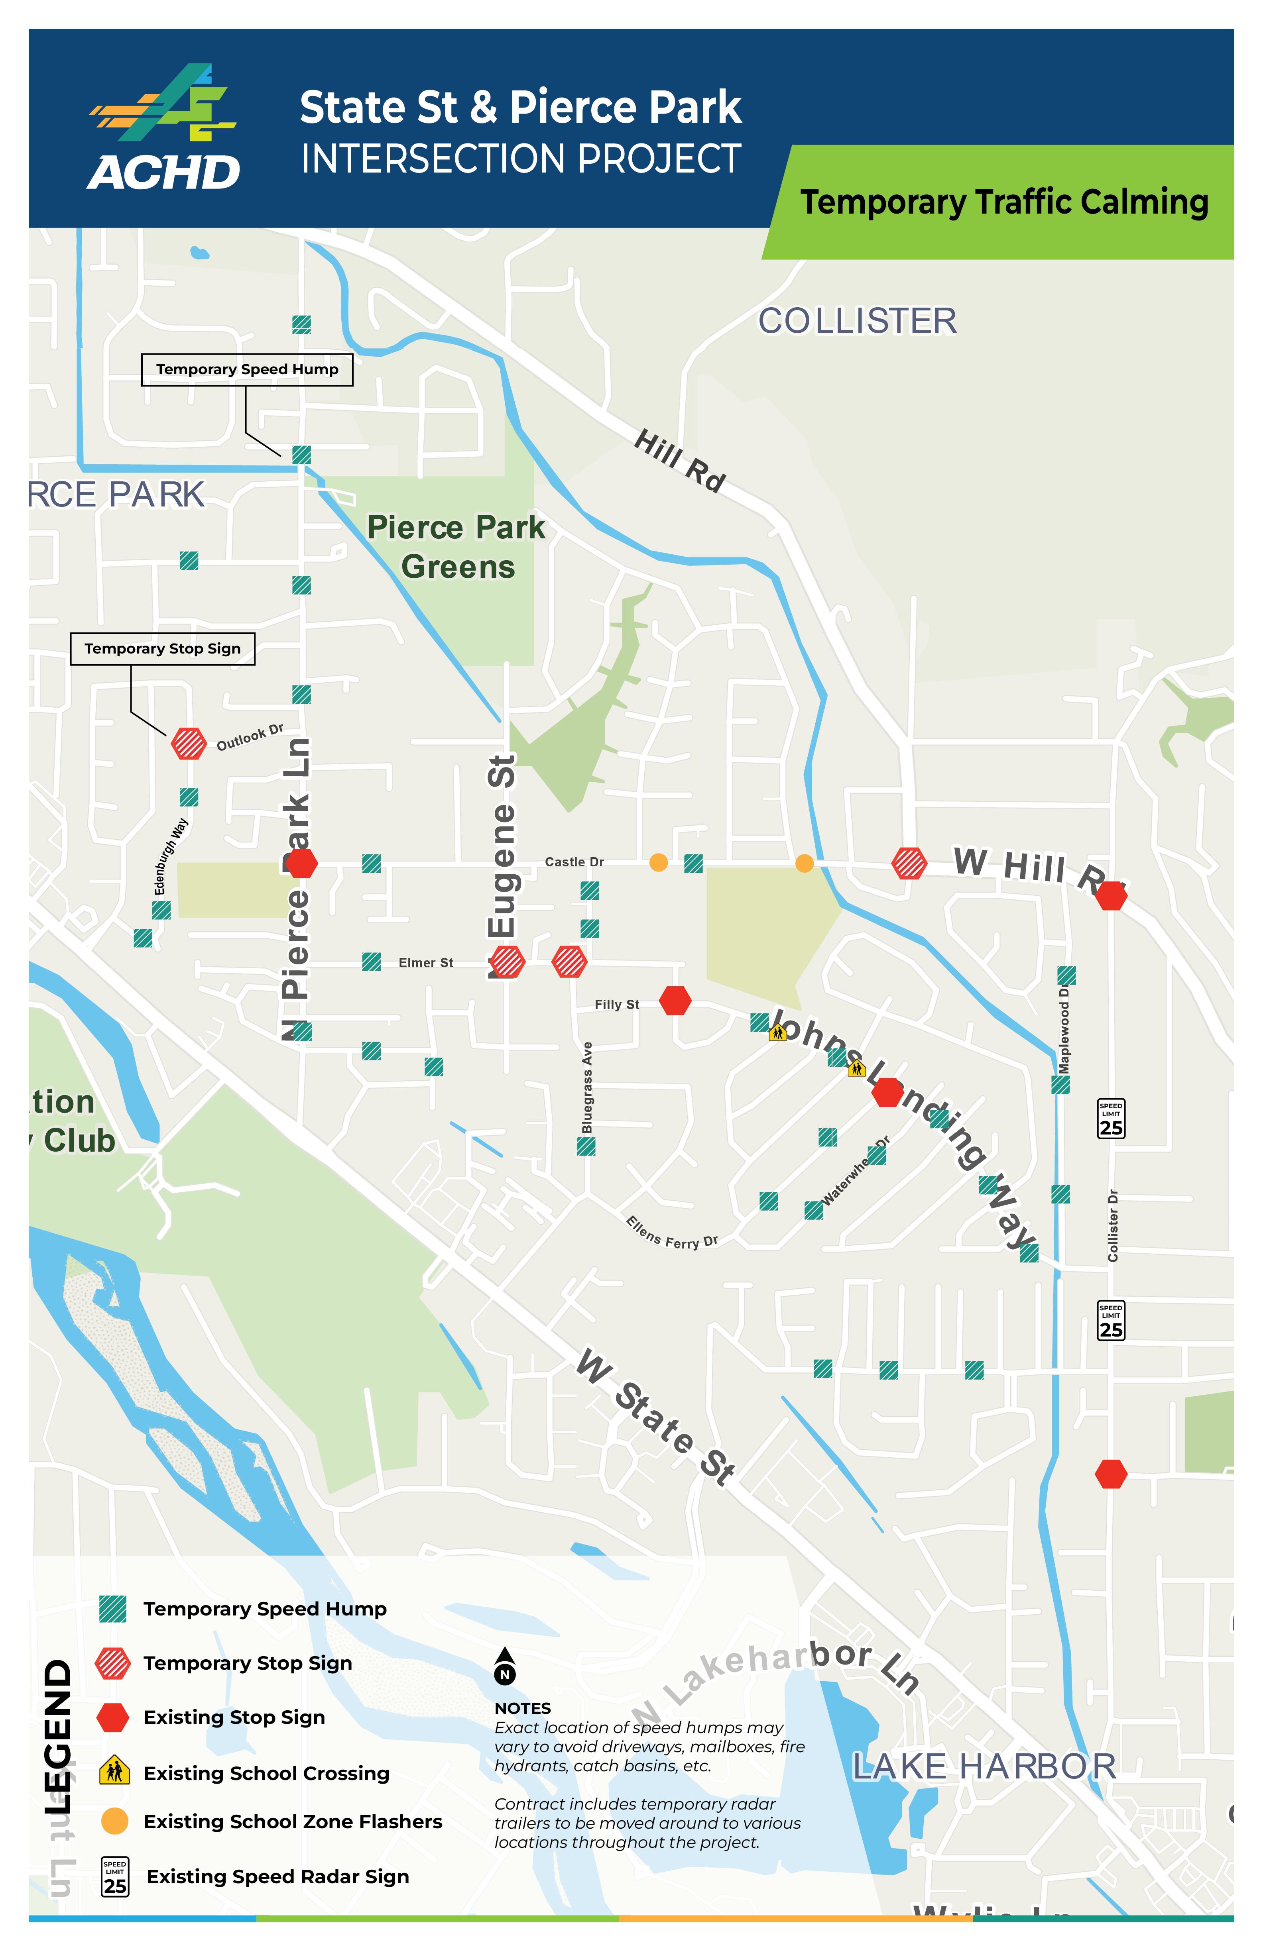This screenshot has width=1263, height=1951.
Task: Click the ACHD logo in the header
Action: pyautogui.click(x=164, y=129)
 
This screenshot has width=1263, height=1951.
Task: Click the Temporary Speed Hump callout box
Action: pyautogui.click(x=247, y=370)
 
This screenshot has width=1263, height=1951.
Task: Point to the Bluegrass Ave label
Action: pyautogui.click(x=587, y=1088)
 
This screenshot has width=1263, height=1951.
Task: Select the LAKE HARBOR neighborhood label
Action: pyautogui.click(x=984, y=1766)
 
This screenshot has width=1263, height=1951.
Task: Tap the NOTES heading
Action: pyautogui.click(x=522, y=1708)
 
